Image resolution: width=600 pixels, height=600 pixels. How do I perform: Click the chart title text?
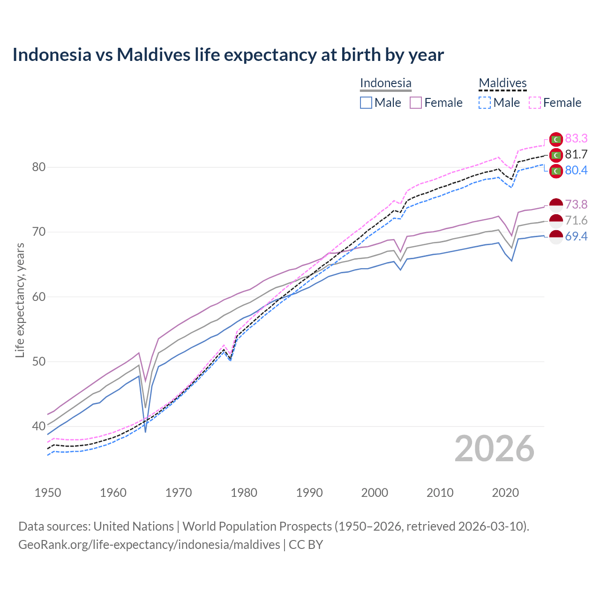pos(228,55)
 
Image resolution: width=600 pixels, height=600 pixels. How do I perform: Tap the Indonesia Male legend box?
pos(366,103)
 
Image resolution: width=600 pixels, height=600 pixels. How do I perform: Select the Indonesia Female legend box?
pos(416,103)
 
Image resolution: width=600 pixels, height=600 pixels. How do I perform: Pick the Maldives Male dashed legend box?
pos(485,103)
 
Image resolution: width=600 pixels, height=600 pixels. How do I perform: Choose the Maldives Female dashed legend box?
pos(534,103)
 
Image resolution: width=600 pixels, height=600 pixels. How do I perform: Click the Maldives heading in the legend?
pos(502,83)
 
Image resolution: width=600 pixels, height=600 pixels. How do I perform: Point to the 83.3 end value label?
pos(576,138)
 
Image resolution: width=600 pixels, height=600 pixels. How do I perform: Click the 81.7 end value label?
pos(576,154)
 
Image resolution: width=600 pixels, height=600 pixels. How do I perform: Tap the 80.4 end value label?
pos(576,170)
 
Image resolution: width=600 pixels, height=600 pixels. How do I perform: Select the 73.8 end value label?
pos(576,204)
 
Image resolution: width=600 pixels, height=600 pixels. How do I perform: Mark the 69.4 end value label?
pos(576,236)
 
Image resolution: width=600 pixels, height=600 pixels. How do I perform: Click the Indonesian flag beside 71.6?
pos(556,220)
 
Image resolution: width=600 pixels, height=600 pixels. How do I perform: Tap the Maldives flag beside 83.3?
pos(556,139)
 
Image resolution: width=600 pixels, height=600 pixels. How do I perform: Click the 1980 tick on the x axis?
pos(244,493)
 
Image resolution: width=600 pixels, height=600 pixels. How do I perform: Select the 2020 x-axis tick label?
pos(505,493)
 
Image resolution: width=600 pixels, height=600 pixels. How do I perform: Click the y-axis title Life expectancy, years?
pos(20,300)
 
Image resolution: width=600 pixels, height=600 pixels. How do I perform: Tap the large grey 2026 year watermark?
pos(494,449)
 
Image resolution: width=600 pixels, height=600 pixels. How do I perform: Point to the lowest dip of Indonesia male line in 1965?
pos(145,431)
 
